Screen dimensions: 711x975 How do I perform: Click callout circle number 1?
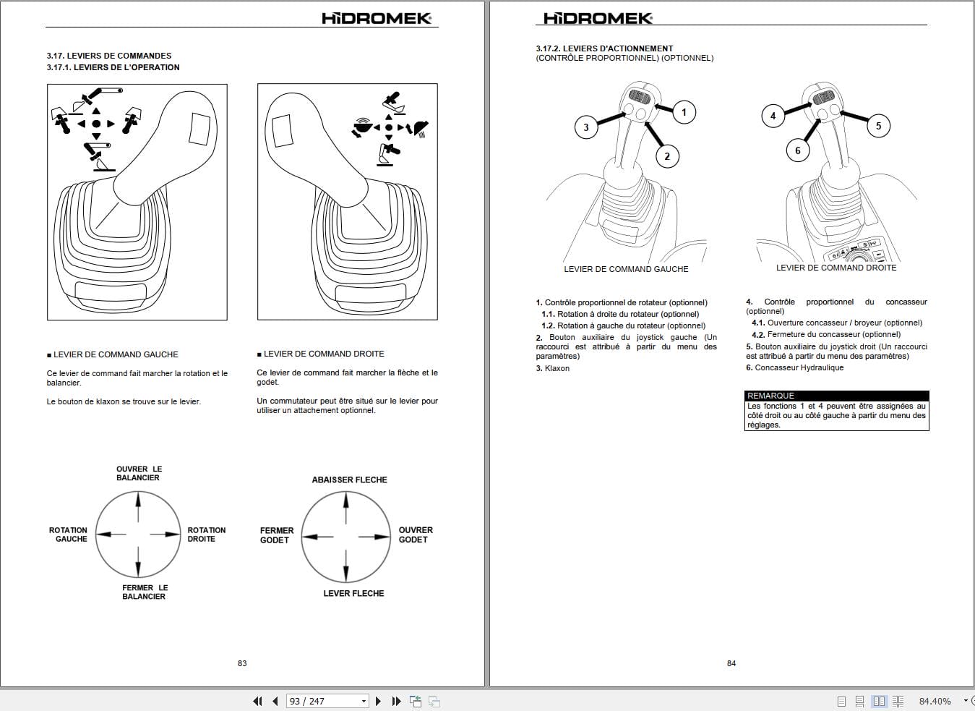click(684, 112)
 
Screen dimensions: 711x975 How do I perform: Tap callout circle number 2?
click(667, 156)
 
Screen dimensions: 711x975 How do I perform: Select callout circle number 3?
click(586, 127)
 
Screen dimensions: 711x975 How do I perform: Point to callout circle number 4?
click(773, 116)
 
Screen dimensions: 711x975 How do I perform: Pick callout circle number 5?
click(878, 126)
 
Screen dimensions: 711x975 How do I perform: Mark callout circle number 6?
click(798, 150)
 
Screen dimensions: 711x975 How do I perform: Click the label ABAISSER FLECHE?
click(349, 480)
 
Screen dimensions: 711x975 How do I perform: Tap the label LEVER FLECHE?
click(353, 593)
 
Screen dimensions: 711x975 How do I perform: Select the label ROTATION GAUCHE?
click(69, 535)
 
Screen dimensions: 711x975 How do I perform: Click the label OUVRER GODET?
click(415, 535)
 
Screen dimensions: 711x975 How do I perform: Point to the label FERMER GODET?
click(276, 535)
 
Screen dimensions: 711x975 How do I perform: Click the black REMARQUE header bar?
click(836, 396)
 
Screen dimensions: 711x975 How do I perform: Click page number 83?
click(242, 663)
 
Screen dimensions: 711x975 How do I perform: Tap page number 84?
click(731, 663)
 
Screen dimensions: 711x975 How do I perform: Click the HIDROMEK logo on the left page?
click(377, 18)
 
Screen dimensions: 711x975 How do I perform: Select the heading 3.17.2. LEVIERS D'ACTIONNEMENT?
click(604, 48)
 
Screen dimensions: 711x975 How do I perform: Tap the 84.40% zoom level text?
click(935, 701)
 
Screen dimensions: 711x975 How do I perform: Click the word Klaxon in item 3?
click(557, 368)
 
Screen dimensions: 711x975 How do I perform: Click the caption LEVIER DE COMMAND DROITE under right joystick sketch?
click(836, 268)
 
